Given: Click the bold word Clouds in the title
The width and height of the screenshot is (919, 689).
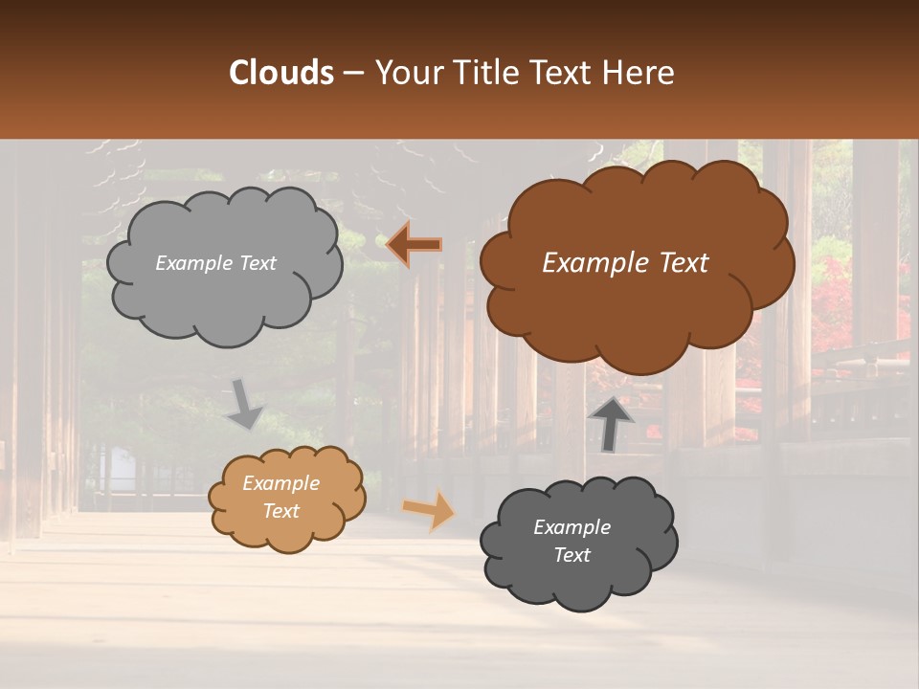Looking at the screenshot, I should point(280,73).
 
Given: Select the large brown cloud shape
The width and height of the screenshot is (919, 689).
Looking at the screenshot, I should point(636,316).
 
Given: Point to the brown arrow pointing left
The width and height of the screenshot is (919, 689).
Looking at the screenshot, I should point(415,245).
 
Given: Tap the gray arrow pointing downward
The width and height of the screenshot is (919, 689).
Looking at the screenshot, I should point(246,403).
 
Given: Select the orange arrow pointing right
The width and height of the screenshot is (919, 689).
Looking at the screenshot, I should point(430,509).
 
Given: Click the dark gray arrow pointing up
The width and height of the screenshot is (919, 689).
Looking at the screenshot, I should point(611,424).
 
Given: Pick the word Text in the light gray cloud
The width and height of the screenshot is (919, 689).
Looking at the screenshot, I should point(257,263).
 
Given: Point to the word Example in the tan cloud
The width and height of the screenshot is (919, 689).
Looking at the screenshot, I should point(280,483).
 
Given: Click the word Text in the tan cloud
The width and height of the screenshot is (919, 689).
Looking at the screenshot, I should point(281,511).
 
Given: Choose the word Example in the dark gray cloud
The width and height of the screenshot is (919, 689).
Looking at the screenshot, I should point(572,527).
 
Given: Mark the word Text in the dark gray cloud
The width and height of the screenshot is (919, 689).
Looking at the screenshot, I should point(572,555).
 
